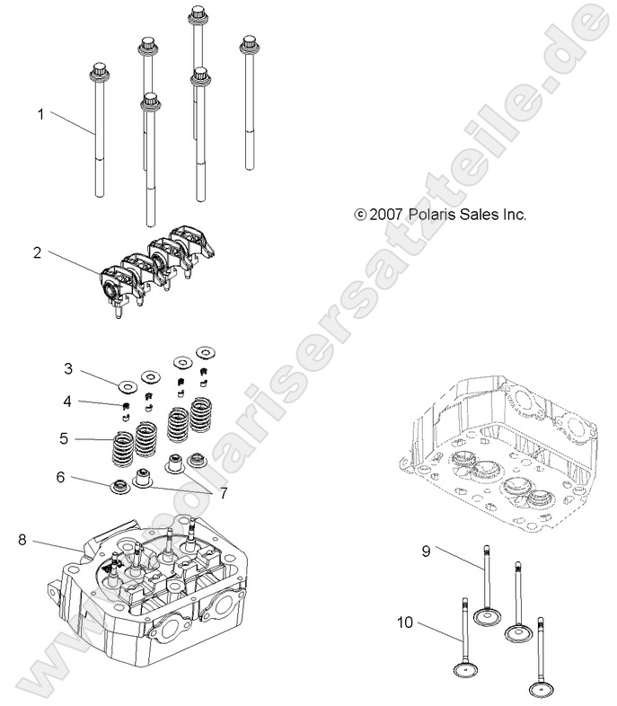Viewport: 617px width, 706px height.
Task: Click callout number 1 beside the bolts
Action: [x=40, y=114]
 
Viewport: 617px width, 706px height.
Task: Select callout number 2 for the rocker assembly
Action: [x=37, y=253]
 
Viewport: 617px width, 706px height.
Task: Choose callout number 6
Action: [x=60, y=477]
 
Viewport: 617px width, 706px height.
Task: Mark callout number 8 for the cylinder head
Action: [x=22, y=539]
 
